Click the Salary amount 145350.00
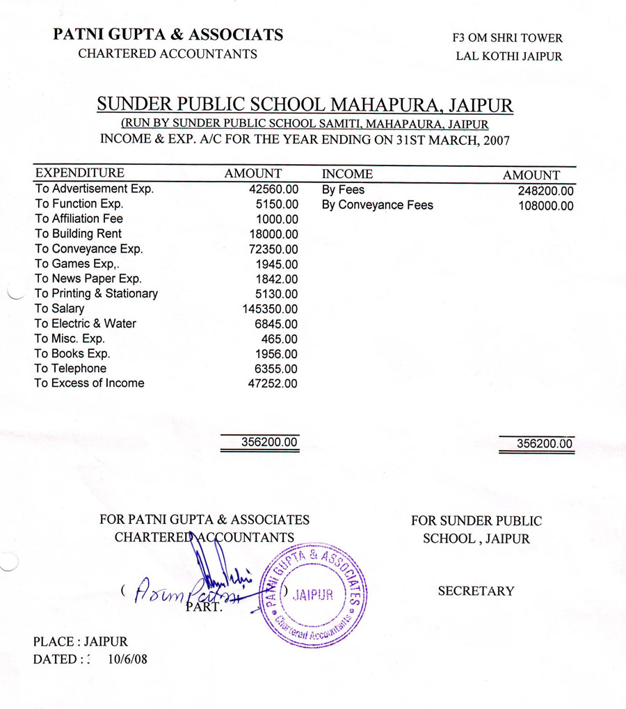tap(270, 309)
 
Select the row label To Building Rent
tap(78, 234)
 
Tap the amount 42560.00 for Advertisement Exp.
tap(273, 189)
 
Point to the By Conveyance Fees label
tap(377, 205)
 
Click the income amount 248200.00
tap(546, 191)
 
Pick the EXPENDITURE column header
tap(79, 173)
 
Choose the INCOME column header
tap(347, 174)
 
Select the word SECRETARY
tap(476, 591)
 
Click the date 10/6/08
tap(127, 658)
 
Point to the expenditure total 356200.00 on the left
tap(269, 442)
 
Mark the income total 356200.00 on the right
tap(545, 443)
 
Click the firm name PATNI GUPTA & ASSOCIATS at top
tap(168, 34)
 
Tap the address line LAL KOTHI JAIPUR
tap(508, 56)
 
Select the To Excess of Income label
tap(89, 383)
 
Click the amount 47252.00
tap(273, 384)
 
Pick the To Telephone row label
tap(70, 369)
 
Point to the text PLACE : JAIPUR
tap(80, 642)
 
